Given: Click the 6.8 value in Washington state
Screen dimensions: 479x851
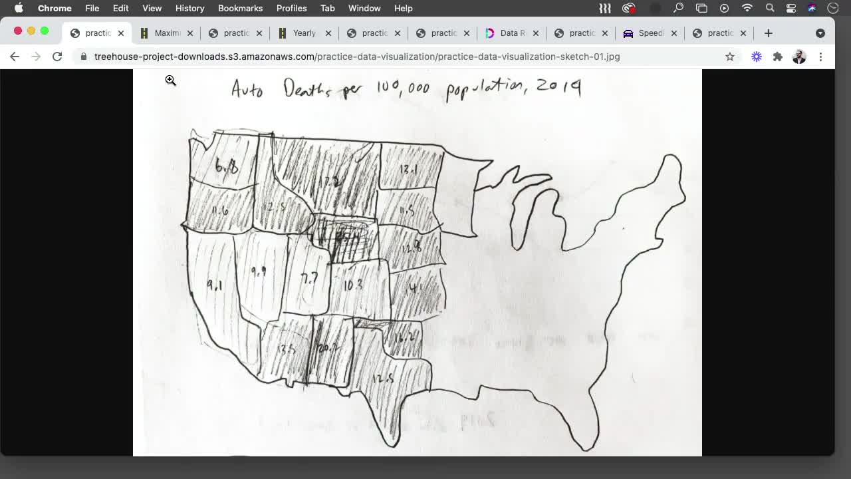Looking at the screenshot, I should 227,166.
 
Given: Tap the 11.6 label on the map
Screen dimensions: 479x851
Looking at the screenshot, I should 220,210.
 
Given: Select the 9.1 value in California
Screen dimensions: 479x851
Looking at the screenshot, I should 214,285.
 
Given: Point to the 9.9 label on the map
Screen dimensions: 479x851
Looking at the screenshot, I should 259,271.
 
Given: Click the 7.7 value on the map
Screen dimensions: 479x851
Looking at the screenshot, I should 309,279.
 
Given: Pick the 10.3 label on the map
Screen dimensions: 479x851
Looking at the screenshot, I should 353,285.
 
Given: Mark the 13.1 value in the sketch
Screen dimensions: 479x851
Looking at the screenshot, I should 408,170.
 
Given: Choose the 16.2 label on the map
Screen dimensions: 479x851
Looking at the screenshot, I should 404,338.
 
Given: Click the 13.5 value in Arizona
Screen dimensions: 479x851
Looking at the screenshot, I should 285,349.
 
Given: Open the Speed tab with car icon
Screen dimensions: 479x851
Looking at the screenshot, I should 644,33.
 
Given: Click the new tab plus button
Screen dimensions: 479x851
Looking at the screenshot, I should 769,33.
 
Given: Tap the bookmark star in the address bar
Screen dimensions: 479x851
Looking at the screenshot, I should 730,57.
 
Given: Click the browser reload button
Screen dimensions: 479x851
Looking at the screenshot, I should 57,57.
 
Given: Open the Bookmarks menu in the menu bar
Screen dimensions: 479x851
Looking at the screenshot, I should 240,8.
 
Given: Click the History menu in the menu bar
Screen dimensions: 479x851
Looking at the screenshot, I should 189,8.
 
